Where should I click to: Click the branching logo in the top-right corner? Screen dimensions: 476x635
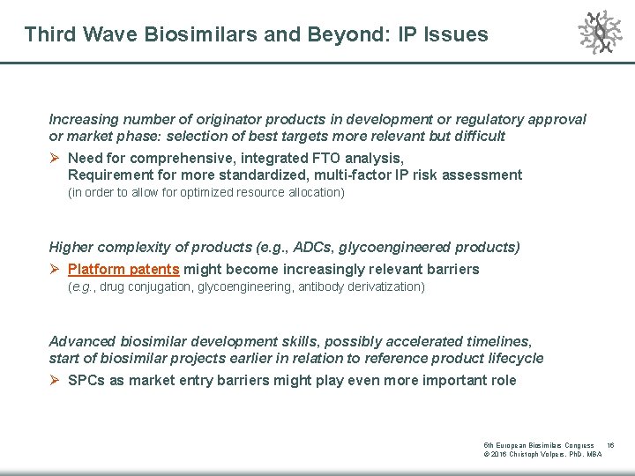[x=599, y=32]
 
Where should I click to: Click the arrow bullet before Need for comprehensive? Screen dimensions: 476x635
[x=56, y=158]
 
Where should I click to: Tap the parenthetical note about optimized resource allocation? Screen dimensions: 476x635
[x=206, y=192]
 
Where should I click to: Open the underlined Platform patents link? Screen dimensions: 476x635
[x=123, y=269]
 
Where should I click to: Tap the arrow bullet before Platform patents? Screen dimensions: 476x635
[x=56, y=269]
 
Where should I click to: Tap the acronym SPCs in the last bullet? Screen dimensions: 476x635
[x=86, y=380]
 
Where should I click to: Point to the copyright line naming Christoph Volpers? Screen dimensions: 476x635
[x=543, y=454]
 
